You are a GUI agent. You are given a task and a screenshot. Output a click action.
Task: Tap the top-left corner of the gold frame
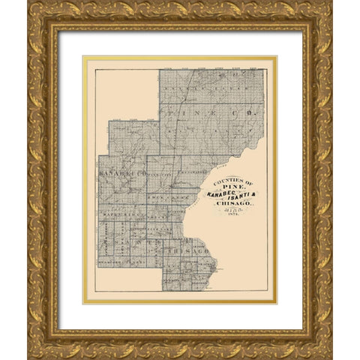click(30, 4)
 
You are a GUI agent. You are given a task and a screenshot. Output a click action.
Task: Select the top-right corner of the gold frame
click(329, 4)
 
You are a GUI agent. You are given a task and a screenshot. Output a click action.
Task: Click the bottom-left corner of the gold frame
click(30, 356)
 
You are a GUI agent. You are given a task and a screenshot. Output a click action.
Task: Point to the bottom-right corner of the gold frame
click(329, 356)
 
